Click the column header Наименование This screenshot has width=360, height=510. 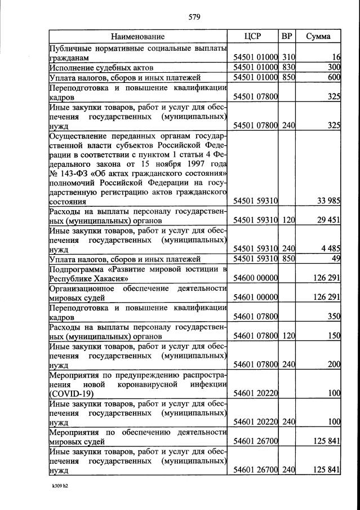tap(137, 37)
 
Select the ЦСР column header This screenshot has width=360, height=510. tap(253, 37)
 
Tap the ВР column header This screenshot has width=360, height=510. tap(287, 37)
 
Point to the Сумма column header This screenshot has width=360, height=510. tap(318, 37)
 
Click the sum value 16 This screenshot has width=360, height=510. tap(336, 57)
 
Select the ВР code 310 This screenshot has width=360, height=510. tap(288, 57)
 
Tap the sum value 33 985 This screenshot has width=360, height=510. tap(327, 201)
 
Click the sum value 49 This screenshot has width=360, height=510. tap(336, 259)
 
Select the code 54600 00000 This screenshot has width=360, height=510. tap(256, 278)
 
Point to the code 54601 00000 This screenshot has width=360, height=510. tap(256, 297)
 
